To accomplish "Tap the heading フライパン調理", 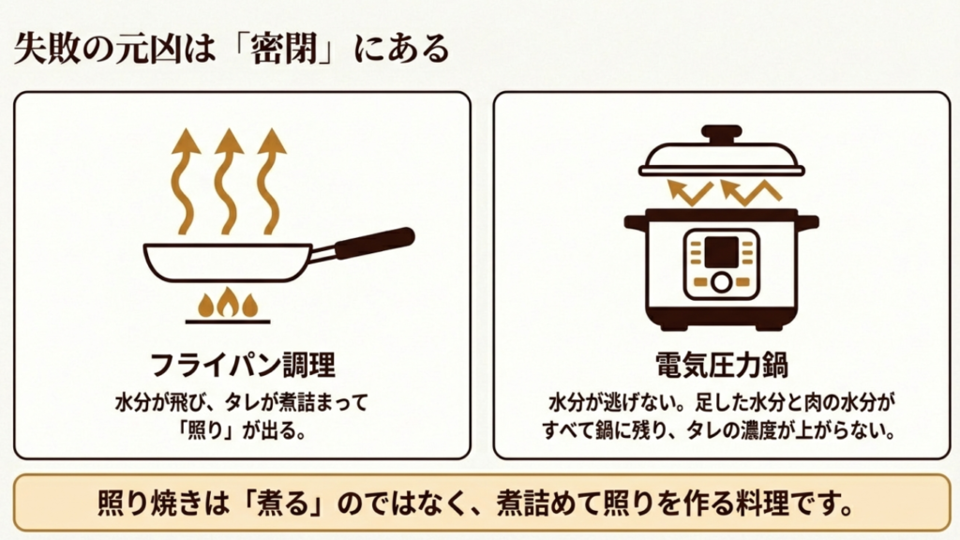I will click(243, 364).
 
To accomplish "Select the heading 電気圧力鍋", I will click(720, 364).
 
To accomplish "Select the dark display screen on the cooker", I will click(721, 251).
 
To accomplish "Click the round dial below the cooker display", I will click(721, 282).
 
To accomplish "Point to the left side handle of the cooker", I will click(636, 222).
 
